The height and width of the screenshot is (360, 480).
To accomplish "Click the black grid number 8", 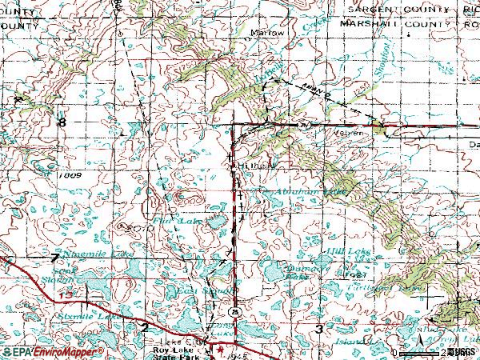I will coord(62,122).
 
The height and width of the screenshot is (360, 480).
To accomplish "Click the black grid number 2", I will coord(145,327).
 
